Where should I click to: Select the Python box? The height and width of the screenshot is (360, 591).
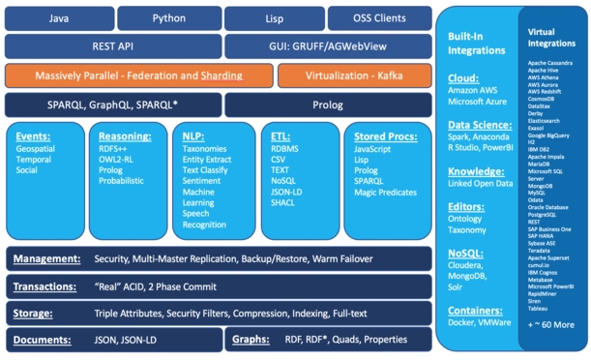tap(168, 17)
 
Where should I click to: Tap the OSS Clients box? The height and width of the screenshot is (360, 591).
tap(378, 17)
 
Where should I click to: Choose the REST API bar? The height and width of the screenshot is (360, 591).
tap(112, 45)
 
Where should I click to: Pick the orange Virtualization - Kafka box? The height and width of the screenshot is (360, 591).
tap(353, 75)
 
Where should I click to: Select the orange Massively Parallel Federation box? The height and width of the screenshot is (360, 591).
tap(137, 75)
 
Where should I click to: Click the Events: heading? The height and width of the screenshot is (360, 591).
tap(34, 137)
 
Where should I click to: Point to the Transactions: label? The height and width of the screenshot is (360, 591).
tap(49, 286)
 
